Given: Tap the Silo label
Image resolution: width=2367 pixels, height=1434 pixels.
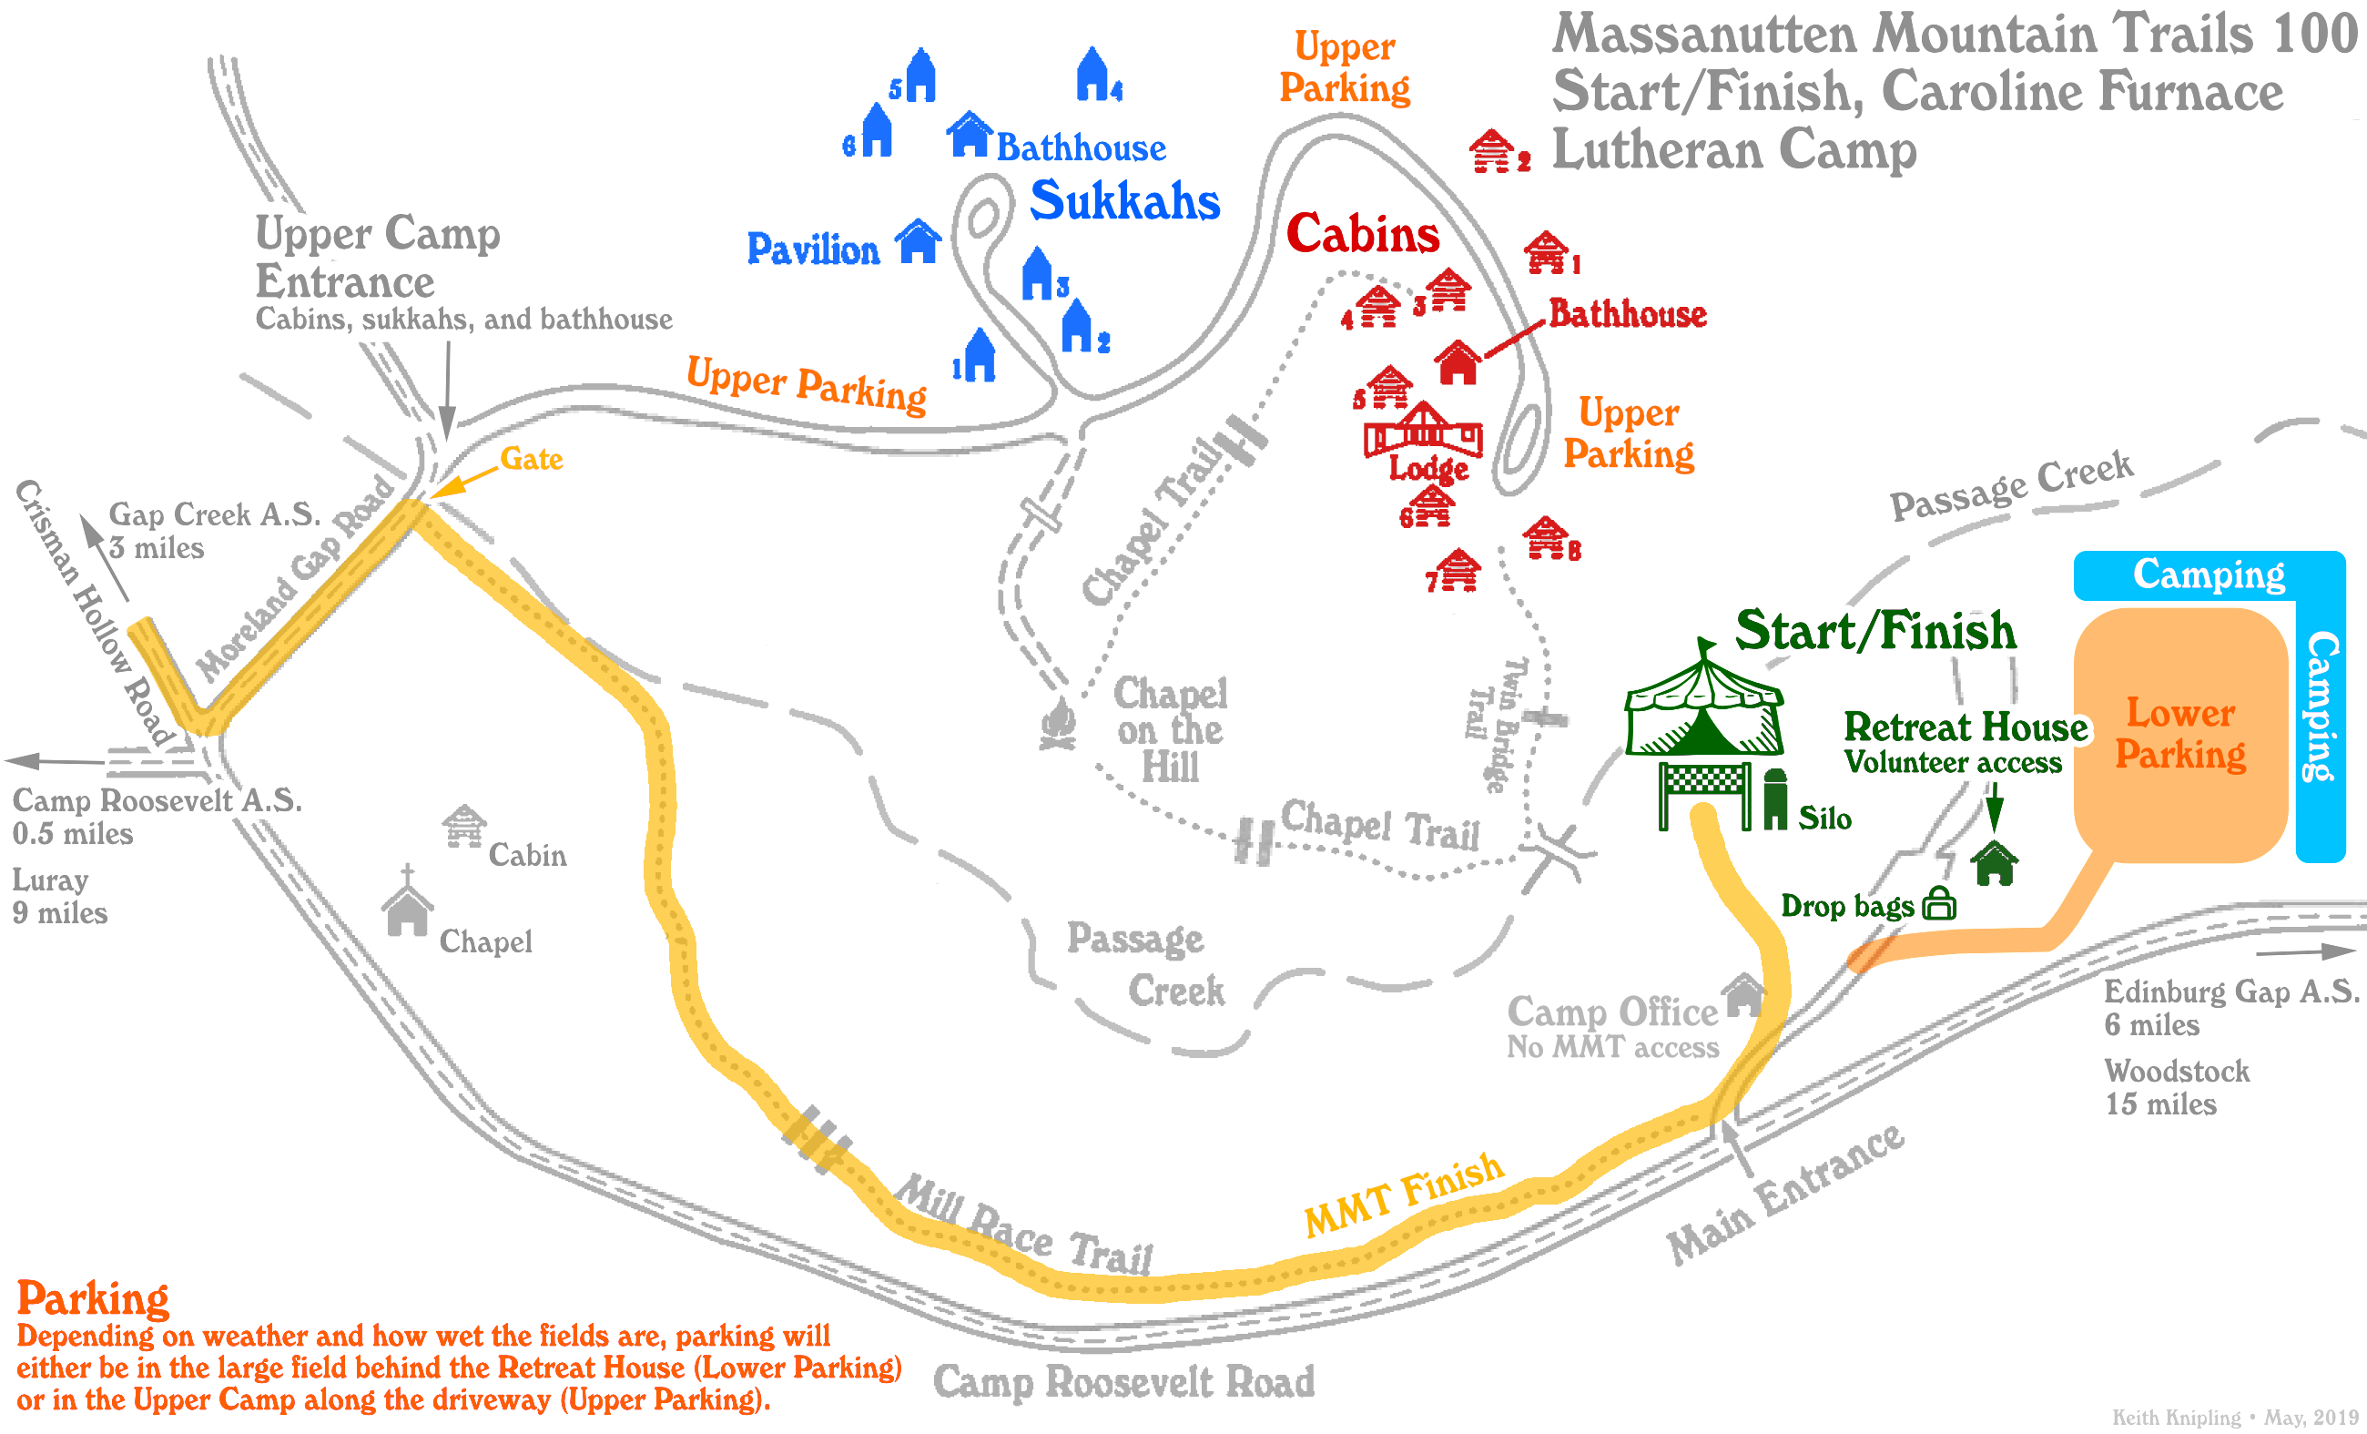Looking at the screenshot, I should tap(1824, 819).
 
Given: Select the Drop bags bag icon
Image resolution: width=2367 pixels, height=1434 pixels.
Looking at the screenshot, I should tap(1939, 904).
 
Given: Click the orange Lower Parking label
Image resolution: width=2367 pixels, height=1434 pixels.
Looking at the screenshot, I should tap(2179, 734).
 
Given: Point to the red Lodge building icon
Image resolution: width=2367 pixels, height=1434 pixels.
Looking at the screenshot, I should tap(1423, 431).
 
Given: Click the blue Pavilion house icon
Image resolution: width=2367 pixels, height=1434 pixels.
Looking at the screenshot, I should tap(919, 241).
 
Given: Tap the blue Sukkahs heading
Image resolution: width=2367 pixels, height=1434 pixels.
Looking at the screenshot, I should tap(1124, 202).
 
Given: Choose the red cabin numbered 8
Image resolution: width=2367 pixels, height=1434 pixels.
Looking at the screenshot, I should tap(1546, 537).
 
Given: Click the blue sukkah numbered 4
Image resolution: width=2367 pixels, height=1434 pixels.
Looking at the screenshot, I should tap(1093, 74).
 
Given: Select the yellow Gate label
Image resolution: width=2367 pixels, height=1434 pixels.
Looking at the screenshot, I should tap(532, 459).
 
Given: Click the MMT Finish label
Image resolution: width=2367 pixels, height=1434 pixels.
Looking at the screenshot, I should tap(1404, 1194).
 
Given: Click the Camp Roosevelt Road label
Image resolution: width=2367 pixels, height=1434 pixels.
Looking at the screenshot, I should tap(1124, 1382).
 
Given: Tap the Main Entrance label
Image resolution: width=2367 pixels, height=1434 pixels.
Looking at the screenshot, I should tap(1785, 1194).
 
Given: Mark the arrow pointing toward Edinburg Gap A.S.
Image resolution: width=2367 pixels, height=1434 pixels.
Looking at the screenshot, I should tap(2305, 951).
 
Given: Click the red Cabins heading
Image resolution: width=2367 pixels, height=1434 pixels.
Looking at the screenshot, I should tap(1362, 233).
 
